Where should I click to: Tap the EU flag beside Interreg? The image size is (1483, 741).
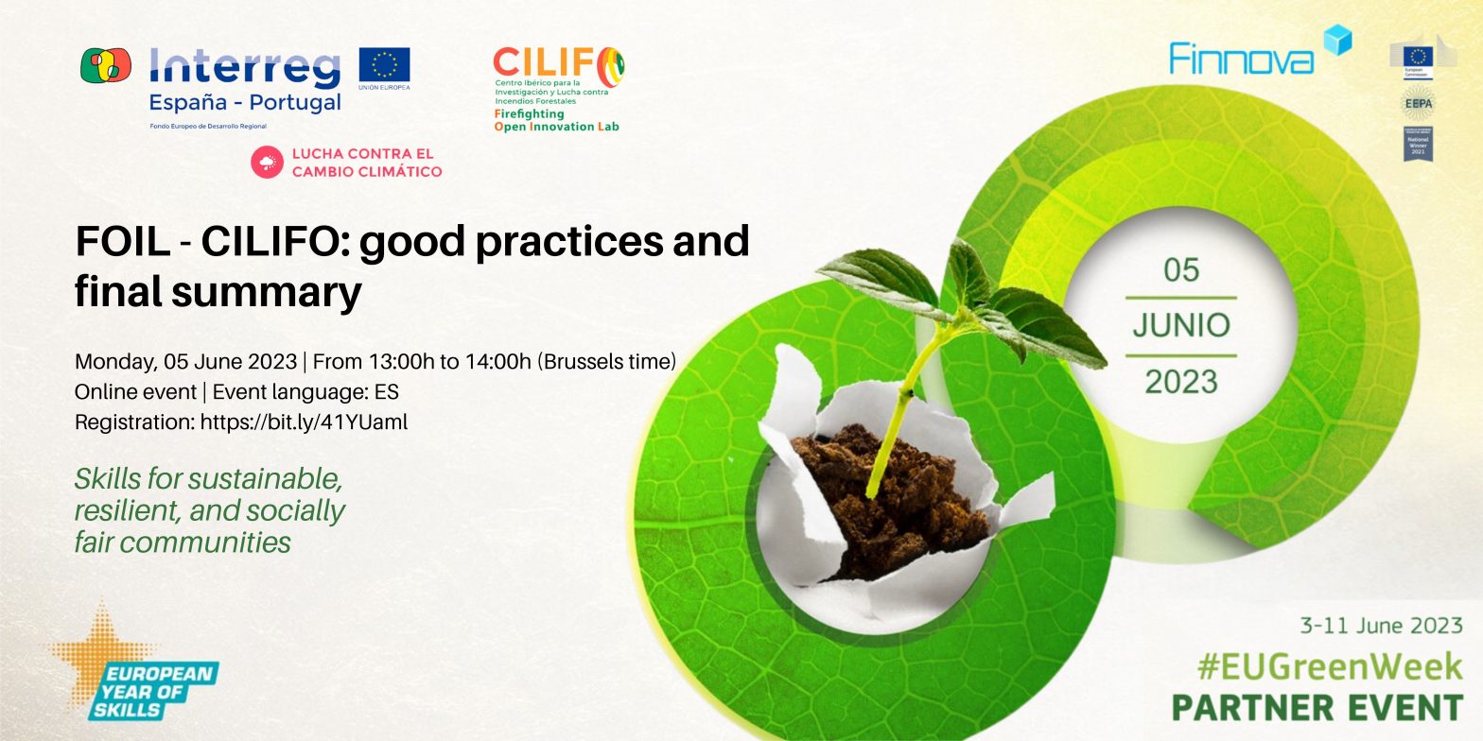pyautogui.click(x=384, y=65)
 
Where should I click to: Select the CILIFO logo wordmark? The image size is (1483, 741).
pyautogui.click(x=558, y=66)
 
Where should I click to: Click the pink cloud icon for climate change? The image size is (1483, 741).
pyautogui.click(x=267, y=163)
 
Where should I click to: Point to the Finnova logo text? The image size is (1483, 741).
pyautogui.click(x=1241, y=59)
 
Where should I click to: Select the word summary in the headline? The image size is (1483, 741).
pyautogui.click(x=268, y=292)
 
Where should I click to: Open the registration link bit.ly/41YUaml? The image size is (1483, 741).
pyautogui.click(x=304, y=422)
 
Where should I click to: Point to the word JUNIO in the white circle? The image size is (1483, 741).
pyautogui.click(x=1180, y=326)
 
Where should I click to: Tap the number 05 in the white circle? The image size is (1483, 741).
pyautogui.click(x=1181, y=271)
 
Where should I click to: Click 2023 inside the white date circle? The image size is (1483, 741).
pyautogui.click(x=1181, y=382)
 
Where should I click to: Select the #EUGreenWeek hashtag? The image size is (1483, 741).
pyautogui.click(x=1329, y=667)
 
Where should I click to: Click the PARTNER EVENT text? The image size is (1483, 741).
pyautogui.click(x=1317, y=708)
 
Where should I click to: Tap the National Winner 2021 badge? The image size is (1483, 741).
pyautogui.click(x=1417, y=144)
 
